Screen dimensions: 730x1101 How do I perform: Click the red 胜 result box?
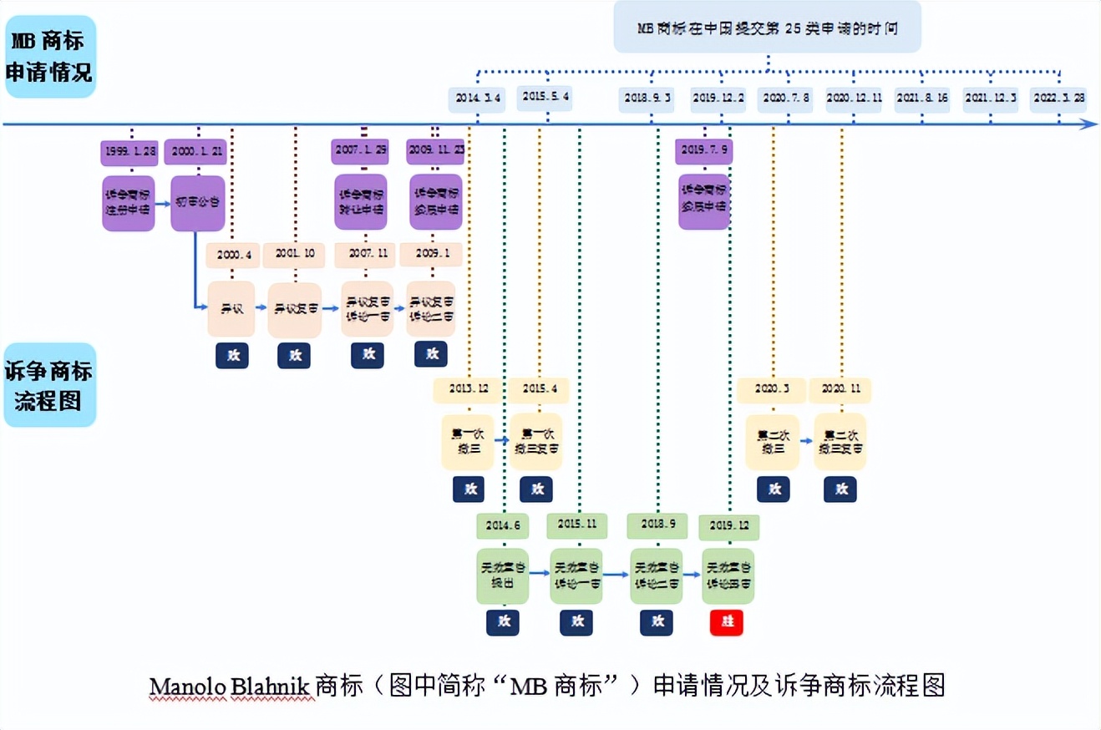point(726,622)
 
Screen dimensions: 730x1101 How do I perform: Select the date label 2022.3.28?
point(1058,98)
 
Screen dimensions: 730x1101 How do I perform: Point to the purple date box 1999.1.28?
point(128,153)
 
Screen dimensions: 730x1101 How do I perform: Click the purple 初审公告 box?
point(198,203)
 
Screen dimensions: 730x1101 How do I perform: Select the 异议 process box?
point(231,309)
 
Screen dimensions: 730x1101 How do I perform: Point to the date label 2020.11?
point(840,390)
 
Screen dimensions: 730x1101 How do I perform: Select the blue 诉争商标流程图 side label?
point(49,385)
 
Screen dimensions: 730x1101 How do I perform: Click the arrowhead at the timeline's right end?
point(1089,124)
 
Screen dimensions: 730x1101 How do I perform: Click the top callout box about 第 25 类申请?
point(767,27)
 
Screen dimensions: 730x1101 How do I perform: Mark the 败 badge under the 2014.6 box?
point(503,622)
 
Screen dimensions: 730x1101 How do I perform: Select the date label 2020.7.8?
point(784,98)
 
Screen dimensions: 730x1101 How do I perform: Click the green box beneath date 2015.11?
point(576,575)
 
